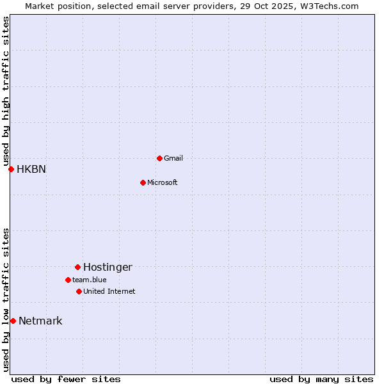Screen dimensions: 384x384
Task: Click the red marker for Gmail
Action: (x=159, y=158)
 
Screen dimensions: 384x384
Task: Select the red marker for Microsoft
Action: (x=143, y=182)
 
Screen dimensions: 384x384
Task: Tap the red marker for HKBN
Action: (x=11, y=169)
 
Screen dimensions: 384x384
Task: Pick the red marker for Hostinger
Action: (x=77, y=267)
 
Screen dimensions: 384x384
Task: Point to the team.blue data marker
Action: (x=68, y=280)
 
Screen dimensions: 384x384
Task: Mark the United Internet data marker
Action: (x=79, y=291)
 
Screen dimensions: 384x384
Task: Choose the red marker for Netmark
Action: (x=13, y=321)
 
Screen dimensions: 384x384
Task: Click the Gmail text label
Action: (x=173, y=158)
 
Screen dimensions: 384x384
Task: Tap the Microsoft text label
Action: (x=163, y=182)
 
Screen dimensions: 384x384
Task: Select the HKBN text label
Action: (x=31, y=169)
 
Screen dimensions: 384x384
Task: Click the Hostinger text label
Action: (x=108, y=267)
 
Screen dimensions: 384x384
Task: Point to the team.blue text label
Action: (x=90, y=280)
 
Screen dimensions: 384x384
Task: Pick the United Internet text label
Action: (x=109, y=291)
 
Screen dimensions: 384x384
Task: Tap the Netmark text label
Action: (x=40, y=321)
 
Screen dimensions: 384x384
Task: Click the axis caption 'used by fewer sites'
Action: (x=66, y=379)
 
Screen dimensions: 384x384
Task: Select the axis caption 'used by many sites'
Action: (x=321, y=379)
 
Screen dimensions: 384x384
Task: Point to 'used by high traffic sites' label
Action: (x=6, y=90)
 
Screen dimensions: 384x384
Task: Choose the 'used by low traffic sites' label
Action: (x=6, y=300)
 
